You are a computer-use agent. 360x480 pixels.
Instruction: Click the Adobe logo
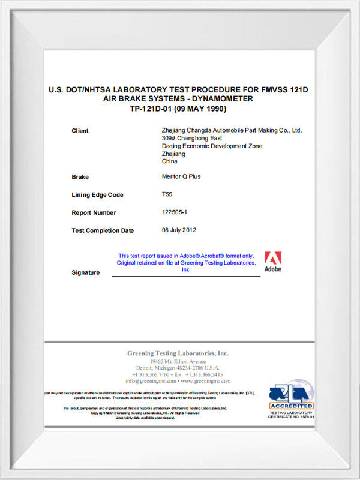pos(273,261)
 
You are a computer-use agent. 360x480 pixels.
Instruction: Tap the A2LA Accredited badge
pos(291,399)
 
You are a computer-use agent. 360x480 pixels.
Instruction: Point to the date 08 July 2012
pos(179,230)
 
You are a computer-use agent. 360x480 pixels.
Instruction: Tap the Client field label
pos(80,131)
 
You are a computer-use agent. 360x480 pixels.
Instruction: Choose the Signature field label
pos(85,272)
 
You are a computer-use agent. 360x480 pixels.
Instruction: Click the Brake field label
pos(80,177)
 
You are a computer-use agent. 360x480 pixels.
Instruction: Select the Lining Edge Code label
pos(97,195)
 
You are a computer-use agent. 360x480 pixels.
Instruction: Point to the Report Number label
pos(94,212)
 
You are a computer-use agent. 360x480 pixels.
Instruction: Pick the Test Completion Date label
pos(103,230)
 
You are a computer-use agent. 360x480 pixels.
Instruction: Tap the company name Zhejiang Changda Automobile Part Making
pos(232,130)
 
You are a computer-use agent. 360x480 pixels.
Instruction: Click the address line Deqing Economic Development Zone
pos(212,146)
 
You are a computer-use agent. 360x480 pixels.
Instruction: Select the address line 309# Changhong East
pos(188,138)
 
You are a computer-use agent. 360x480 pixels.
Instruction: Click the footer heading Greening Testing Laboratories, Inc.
pos(178,353)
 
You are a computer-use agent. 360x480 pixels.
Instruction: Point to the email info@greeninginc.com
pos(151,381)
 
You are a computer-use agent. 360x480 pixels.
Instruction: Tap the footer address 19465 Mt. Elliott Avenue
pos(178,362)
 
